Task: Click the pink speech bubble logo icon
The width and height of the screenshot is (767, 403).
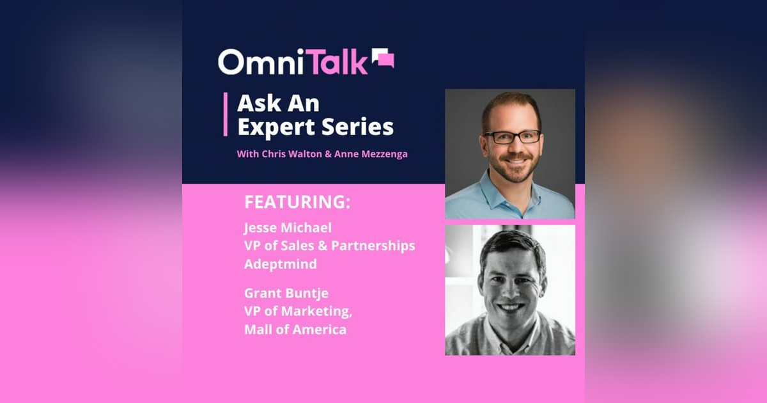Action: (383, 59)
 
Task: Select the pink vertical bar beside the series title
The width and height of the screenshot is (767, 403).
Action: (226, 114)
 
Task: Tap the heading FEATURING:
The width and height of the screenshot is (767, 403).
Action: (297, 202)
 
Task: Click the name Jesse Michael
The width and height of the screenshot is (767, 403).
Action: (288, 228)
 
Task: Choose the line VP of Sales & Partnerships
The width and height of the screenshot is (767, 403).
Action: (329, 246)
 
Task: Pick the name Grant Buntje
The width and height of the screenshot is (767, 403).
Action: (287, 294)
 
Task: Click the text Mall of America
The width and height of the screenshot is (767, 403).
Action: (295, 329)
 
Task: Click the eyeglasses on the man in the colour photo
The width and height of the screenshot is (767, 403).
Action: (512, 136)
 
